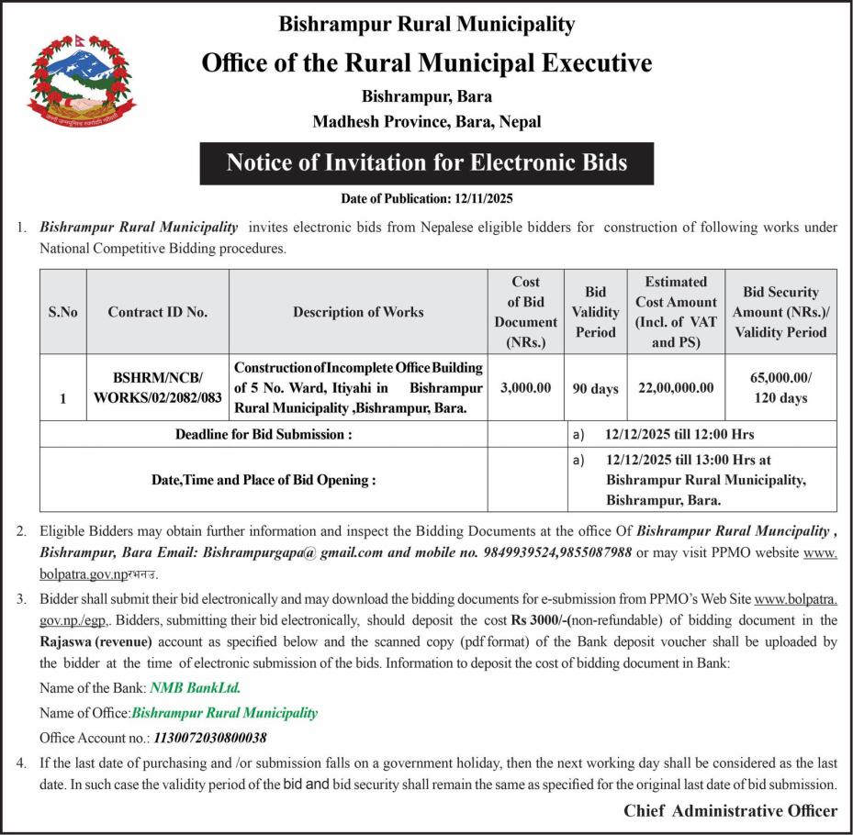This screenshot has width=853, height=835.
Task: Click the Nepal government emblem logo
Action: pyautogui.click(x=80, y=82)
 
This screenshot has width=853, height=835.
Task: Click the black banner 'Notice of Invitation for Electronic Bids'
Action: pyautogui.click(x=427, y=163)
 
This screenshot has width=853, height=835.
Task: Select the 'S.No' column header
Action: pyautogui.click(x=63, y=312)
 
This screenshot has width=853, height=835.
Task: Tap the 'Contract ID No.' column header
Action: pyautogui.click(x=158, y=312)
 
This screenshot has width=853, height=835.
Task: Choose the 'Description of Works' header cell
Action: pyautogui.click(x=358, y=312)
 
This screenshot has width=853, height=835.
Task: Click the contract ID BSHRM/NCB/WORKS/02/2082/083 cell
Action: pyautogui.click(x=158, y=388)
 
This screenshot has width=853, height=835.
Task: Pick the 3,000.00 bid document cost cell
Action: pyautogui.click(x=525, y=388)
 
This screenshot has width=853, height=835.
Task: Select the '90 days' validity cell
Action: pyautogui.click(x=595, y=388)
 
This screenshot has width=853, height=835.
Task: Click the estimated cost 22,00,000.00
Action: pyautogui.click(x=676, y=388)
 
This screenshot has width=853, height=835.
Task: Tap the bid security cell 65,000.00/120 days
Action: pyautogui.click(x=780, y=388)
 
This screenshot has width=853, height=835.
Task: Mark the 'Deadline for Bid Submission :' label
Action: pyautogui.click(x=264, y=434)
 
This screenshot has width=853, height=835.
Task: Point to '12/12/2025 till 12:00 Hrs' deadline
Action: pyautogui.click(x=680, y=434)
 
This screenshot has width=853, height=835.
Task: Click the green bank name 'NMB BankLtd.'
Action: pyautogui.click(x=195, y=687)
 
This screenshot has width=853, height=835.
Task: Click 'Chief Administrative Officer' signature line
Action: pyautogui.click(x=730, y=810)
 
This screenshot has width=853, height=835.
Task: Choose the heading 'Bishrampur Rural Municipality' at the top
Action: pyautogui.click(x=427, y=24)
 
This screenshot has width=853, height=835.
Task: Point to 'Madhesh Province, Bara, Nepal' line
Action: pyautogui.click(x=427, y=121)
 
